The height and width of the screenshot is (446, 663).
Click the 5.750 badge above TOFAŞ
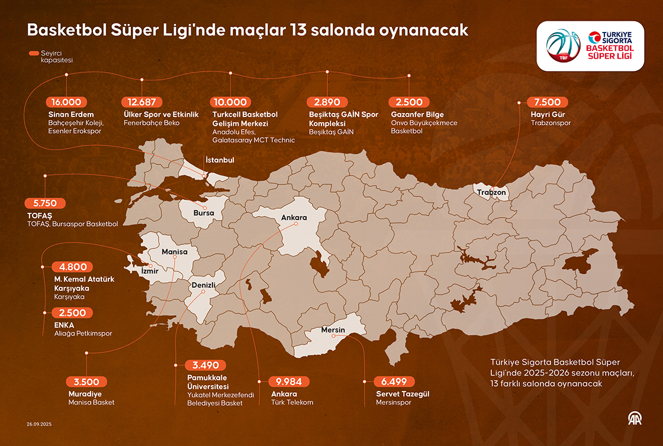coord(44,203)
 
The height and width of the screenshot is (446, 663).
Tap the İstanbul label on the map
coord(220,160)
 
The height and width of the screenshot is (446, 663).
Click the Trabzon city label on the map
coord(492,192)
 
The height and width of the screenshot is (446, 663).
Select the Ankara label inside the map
coord(294,218)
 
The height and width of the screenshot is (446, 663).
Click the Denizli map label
coord(202,285)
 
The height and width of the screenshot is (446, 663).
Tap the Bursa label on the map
coord(203,212)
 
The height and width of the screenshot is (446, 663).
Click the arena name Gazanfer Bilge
coord(417,114)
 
